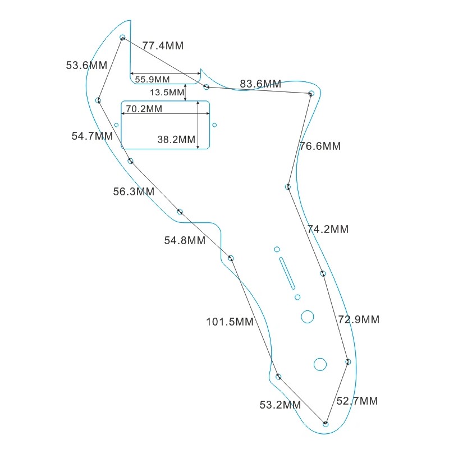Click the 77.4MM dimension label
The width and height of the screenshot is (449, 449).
[x=163, y=46]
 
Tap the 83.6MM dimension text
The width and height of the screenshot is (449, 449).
[x=260, y=84]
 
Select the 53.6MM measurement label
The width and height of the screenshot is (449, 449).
[x=86, y=65]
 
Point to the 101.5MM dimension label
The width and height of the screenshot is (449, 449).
[x=230, y=322]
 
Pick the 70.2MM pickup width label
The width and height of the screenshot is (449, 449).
[x=144, y=109]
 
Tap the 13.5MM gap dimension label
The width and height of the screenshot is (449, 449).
[x=167, y=92]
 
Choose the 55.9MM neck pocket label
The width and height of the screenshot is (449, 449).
[x=152, y=79]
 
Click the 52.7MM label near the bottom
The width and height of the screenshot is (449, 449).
[x=357, y=401]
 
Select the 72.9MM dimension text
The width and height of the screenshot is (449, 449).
[x=359, y=319]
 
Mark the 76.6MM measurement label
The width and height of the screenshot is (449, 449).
[x=320, y=146]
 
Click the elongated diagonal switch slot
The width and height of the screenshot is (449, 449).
[x=286, y=273]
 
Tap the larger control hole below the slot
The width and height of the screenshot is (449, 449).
[x=307, y=317]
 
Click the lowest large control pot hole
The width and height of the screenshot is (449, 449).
[x=320, y=364]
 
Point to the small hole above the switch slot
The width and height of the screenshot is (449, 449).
[x=277, y=249]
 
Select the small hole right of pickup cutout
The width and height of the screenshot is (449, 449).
[x=214, y=125]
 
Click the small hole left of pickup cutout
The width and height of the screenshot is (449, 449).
[x=116, y=125]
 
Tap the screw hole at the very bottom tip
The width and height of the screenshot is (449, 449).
[x=326, y=424]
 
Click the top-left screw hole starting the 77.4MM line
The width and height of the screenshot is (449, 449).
[x=122, y=38]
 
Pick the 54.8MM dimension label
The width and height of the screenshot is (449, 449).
[x=185, y=240]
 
